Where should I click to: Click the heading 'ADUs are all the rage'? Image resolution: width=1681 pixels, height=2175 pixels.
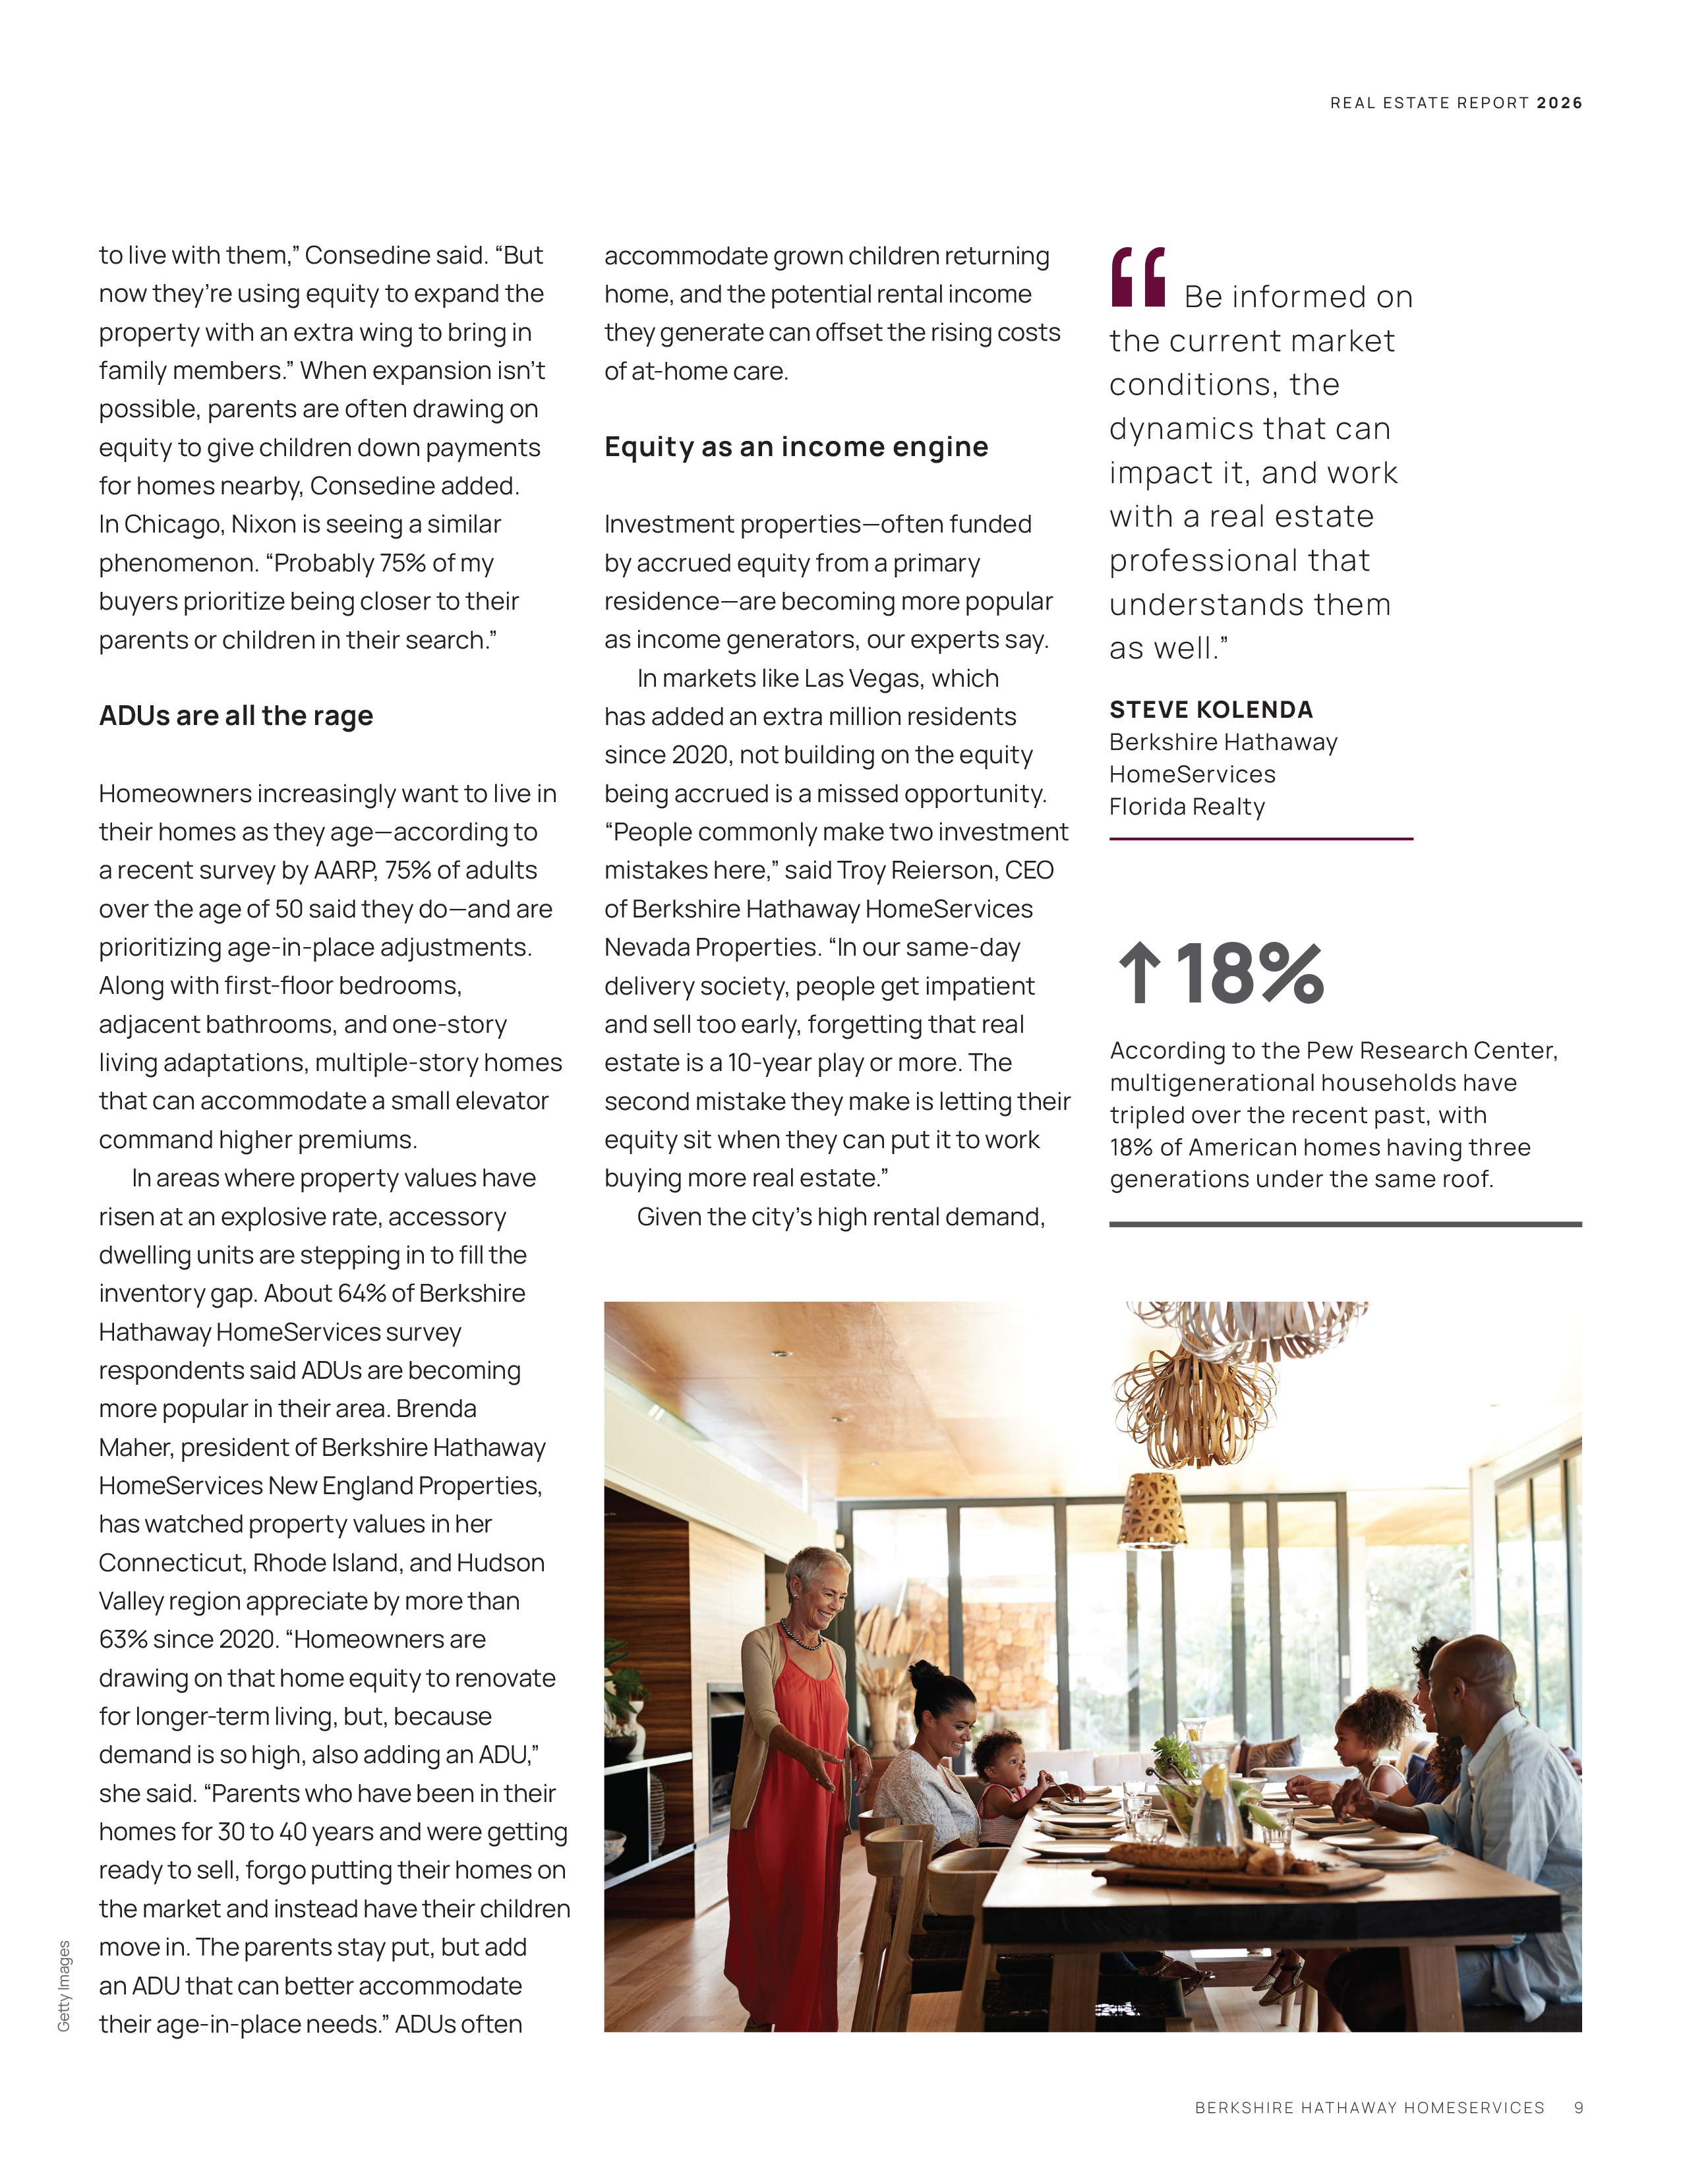(236, 716)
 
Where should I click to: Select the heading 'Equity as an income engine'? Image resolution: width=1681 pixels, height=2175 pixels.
(796, 447)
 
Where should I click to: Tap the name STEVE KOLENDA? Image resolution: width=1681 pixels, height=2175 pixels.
(1211, 710)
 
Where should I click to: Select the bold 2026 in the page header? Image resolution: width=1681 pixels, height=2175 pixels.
(1560, 103)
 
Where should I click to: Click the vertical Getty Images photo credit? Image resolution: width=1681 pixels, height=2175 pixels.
(64, 1986)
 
